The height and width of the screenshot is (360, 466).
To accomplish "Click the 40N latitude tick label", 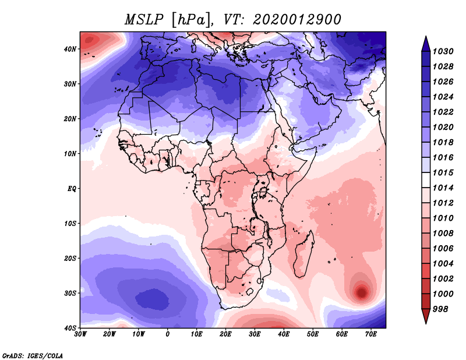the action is (70, 49).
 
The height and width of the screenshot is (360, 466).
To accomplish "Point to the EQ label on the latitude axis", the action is (72, 189).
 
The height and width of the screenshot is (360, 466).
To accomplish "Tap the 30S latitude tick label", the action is (70, 293).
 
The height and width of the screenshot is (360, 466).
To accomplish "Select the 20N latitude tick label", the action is (70, 119).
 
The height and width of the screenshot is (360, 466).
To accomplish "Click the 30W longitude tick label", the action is (80, 334).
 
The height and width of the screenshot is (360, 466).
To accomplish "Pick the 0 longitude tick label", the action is (168, 334).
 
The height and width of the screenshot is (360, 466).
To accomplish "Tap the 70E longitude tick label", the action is (371, 334).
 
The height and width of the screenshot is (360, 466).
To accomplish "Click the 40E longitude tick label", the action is (284, 334).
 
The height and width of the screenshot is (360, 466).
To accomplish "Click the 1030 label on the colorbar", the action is (443, 51).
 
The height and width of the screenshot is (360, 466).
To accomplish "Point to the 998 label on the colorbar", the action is (440, 309).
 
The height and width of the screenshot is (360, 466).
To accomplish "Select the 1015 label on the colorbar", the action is (443, 172).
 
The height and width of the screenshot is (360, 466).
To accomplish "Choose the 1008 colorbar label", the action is (443, 234).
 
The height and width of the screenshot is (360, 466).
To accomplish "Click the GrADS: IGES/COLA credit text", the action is (33, 355).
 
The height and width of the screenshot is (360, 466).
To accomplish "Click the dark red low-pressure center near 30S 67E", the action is (362, 292).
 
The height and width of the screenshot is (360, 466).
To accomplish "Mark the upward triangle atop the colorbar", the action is (426, 44).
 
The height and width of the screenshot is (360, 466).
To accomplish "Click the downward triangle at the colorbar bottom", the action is (426, 316).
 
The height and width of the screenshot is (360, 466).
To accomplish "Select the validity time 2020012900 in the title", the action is (296, 20).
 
